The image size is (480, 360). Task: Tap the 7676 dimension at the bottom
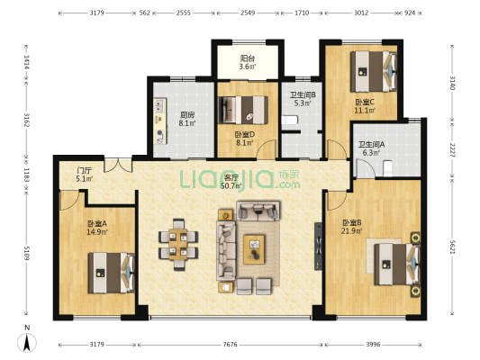pos(230,345)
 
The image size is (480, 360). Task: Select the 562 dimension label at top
pos(144,13)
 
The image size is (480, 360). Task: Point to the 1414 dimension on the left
pos(27,62)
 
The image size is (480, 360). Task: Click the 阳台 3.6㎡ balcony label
pos(248,62)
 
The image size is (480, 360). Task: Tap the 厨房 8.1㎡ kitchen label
pos(187,119)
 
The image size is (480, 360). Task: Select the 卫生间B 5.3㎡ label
pos(303,99)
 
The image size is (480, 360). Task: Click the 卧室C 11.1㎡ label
pos(365,106)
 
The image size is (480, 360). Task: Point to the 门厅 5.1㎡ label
pos(84,175)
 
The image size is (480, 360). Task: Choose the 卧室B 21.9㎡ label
pos(352,227)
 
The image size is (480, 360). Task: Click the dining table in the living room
pos(178,245)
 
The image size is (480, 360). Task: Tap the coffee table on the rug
pos(254,249)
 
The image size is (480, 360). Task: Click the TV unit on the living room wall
pos(319,247)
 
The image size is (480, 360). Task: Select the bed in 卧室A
pos(112,273)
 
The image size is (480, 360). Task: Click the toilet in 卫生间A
pos(387,168)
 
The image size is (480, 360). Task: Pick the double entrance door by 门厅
pos(118,166)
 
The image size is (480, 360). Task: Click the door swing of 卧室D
pos(267,149)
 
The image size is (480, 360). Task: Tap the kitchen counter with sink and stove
pos(160,121)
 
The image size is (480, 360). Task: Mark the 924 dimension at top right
pos(410,13)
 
